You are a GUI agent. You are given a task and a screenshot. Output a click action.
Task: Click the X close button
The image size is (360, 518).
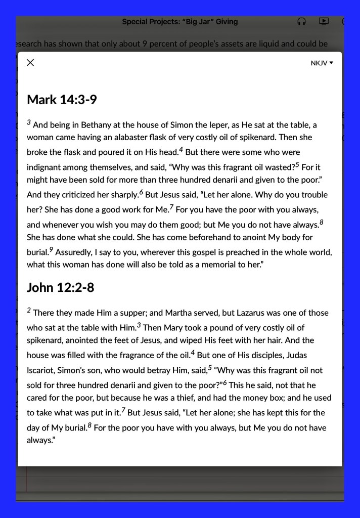(x=30, y=63)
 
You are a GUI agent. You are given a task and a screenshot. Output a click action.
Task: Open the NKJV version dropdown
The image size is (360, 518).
(x=322, y=63)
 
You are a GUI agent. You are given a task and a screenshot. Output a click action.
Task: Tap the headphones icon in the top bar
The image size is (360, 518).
(x=302, y=22)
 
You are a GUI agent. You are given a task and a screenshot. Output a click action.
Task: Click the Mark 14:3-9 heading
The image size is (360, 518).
(x=62, y=100)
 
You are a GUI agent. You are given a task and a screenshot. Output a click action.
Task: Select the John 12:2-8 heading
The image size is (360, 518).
(x=60, y=288)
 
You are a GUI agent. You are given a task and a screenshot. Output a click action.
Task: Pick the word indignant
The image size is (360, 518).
(x=45, y=167)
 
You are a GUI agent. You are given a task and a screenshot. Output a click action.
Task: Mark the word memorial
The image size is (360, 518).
(x=202, y=265)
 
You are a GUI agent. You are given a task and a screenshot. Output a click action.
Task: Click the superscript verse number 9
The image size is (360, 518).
(x=51, y=249)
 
